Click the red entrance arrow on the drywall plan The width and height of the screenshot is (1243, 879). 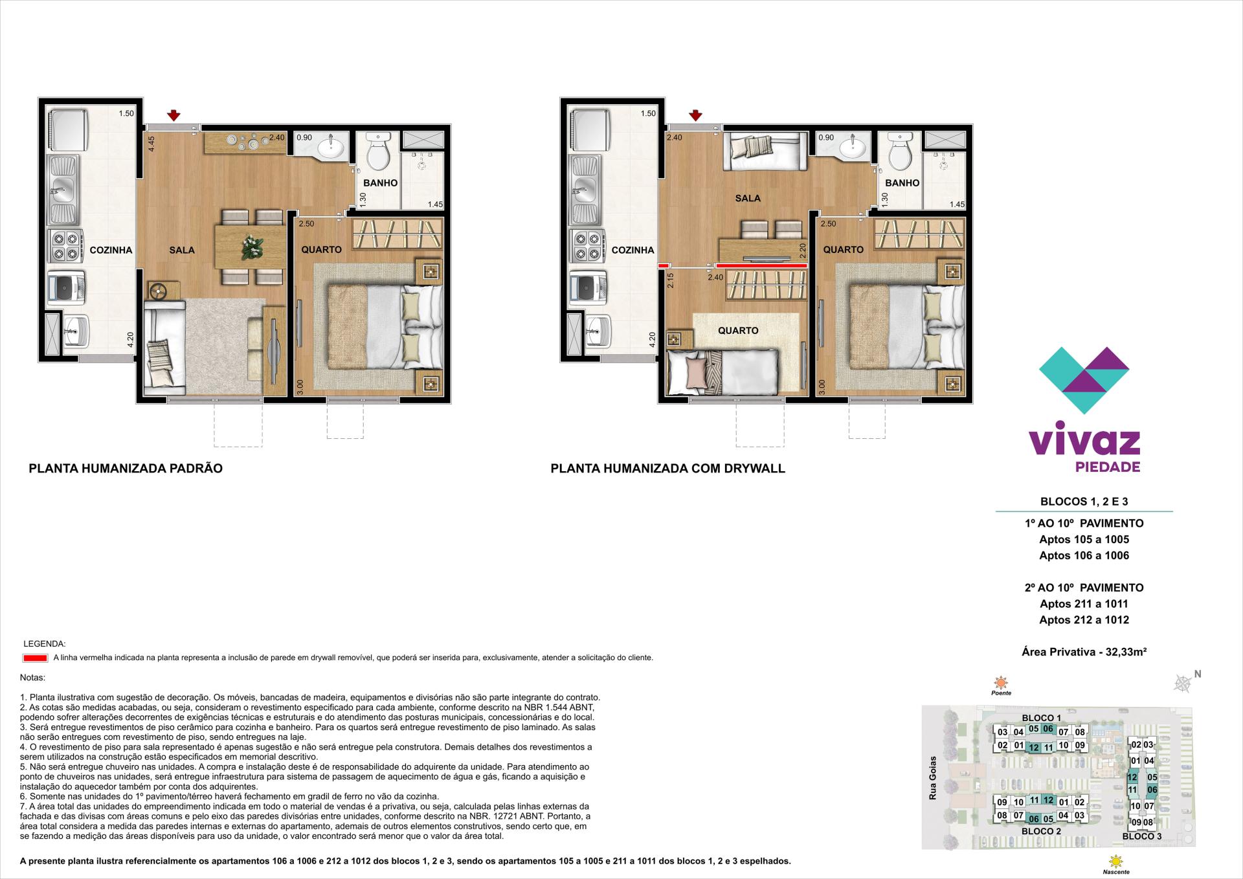pos(695,116)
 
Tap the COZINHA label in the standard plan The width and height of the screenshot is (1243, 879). pos(111,250)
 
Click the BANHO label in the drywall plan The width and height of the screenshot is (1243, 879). pos(902,183)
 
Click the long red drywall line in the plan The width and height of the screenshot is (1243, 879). pos(761,265)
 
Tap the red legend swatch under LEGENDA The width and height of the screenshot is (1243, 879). pos(35,658)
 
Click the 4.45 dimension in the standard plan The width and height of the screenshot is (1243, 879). pos(151,144)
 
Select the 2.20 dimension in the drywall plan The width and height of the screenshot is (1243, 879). pos(803,250)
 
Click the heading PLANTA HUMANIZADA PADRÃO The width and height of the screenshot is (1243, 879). pos(126,468)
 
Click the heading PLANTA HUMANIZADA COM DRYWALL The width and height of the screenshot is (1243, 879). pos(667,468)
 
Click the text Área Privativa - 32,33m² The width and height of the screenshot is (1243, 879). pos(1084,652)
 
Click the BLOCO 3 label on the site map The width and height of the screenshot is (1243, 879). pos(1141,836)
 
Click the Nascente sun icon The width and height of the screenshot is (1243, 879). pos(1115,862)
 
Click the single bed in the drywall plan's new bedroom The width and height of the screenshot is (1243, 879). pos(722,372)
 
